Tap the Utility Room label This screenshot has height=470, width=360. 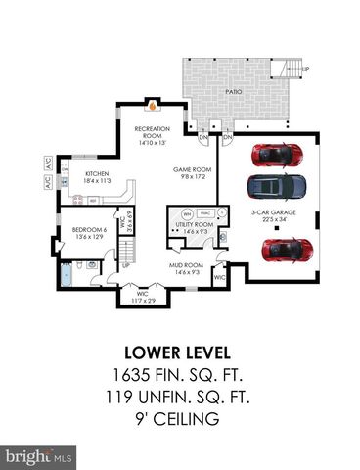(194, 228)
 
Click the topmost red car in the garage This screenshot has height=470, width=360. (277, 155)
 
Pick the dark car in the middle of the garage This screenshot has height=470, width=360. (277, 186)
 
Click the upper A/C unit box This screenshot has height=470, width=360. (47, 164)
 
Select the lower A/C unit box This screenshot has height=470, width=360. (47, 181)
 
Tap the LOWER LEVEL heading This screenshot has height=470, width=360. (180, 352)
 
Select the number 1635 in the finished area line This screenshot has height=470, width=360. (135, 376)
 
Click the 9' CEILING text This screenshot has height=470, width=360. (180, 422)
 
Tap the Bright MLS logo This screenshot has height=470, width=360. (39, 456)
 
